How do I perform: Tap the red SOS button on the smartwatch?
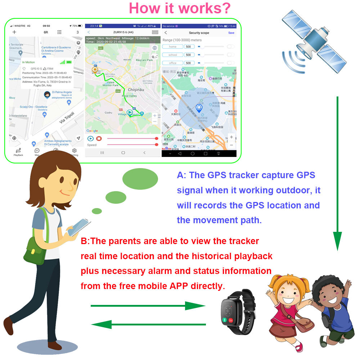231,320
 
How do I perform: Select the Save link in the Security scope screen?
231,33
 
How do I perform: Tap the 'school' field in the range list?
173,55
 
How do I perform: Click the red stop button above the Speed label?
99,138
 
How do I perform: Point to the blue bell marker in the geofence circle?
199,108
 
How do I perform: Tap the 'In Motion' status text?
28,62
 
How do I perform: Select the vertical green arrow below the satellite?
337,173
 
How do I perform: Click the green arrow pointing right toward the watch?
148,306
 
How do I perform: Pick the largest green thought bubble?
140,179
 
